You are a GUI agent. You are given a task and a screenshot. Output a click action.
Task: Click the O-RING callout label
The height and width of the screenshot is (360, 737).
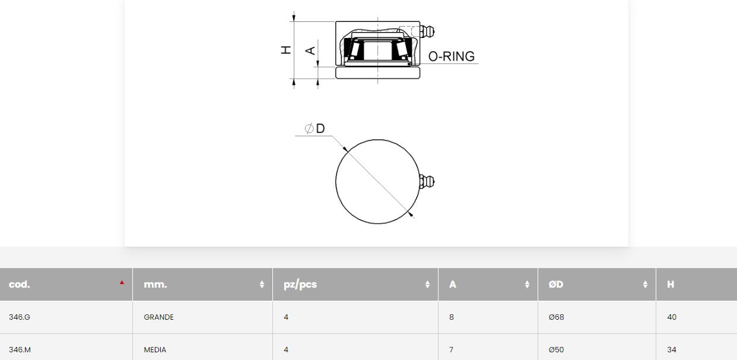pos(451,56)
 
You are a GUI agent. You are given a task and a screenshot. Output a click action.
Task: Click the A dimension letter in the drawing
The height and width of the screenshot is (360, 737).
pos(310,51)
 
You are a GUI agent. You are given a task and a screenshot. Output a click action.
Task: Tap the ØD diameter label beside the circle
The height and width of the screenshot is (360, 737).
pos(315,129)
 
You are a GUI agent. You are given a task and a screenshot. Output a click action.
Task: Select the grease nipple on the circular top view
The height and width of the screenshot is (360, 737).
pos(428,181)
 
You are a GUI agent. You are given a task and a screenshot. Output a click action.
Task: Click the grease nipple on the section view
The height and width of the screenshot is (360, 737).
pos(427,30)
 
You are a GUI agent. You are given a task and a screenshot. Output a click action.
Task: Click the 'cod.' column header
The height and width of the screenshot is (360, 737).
pos(20,284)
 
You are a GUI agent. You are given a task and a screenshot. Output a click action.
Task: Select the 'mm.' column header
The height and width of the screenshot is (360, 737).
pos(155,284)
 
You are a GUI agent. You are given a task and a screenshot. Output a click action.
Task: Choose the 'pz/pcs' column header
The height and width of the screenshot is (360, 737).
pos(300,284)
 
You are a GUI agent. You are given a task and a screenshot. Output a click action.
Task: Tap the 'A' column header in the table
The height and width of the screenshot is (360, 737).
pos(453,284)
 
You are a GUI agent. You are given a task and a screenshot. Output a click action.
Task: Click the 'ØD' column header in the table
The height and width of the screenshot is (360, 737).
pos(556,284)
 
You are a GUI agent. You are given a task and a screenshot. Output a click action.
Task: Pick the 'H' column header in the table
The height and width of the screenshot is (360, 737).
pos(671,284)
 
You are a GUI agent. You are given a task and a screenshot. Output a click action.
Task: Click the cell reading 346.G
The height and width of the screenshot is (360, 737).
pos(20,317)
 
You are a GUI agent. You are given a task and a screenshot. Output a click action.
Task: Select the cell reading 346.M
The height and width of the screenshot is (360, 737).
pos(20,350)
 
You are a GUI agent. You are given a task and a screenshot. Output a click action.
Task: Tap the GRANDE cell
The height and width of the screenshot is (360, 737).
pos(159,317)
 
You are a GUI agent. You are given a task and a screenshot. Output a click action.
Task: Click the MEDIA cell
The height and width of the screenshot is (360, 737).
pos(155,350)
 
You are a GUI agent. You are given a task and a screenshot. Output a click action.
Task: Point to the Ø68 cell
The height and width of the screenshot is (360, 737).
pos(557,317)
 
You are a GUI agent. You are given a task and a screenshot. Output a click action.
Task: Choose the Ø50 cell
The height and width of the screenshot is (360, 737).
pos(557,350)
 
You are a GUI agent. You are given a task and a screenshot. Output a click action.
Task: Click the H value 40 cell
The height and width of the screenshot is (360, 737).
pos(672,317)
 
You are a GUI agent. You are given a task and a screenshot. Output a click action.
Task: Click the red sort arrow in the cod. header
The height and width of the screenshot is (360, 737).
pos(122,282)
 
